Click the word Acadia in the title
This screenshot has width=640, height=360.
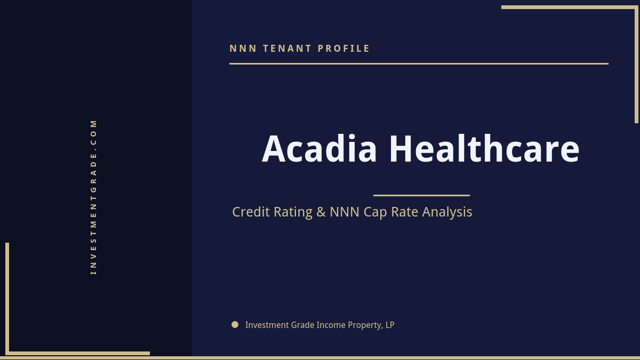pos(319,149)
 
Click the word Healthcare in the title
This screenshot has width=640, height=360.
pos(484,149)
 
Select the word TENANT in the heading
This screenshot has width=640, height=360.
pos(287,49)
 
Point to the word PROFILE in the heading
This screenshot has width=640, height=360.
pos(344,49)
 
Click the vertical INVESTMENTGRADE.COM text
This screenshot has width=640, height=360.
pos(94,197)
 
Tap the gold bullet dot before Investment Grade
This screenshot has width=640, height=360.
pos(235,324)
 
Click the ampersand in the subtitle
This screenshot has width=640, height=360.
pos(321,212)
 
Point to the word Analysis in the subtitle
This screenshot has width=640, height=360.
pos(447,212)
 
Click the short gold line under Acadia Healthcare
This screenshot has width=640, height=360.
pos(421,195)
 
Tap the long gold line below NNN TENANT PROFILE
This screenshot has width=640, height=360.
pos(419,63)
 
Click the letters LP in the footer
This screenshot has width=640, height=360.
pos(390,325)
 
